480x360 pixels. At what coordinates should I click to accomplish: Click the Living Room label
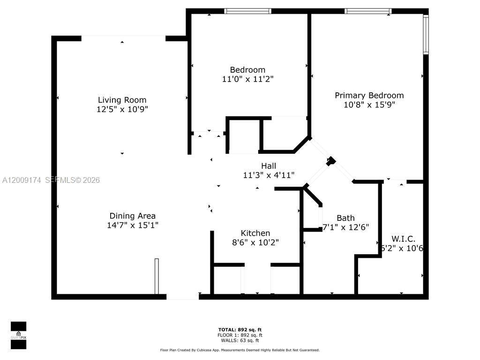(122, 100)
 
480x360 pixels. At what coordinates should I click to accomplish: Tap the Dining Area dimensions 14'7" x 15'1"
(133, 225)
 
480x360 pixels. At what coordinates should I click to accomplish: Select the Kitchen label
(255, 233)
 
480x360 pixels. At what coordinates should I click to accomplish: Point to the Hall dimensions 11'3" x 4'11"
(269, 175)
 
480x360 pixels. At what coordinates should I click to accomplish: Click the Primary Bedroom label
(369, 95)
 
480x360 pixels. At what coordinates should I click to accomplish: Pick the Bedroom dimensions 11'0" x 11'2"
(247, 79)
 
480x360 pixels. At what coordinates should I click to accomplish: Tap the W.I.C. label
(404, 239)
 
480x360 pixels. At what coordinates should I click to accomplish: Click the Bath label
(345, 218)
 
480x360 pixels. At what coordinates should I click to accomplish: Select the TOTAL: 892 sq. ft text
(240, 330)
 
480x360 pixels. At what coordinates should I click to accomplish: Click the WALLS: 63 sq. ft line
(240, 340)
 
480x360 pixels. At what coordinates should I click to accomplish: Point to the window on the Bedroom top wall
(247, 11)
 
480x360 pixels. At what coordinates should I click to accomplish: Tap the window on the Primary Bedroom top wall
(368, 11)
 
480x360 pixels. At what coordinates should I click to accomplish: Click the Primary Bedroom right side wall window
(426, 35)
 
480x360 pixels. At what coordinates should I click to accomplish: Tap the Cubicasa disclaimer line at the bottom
(240, 350)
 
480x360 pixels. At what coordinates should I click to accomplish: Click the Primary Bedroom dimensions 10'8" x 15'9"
(369, 105)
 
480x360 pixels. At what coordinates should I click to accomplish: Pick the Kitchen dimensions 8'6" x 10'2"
(255, 242)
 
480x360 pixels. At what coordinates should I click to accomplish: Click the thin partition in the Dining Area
(157, 276)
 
